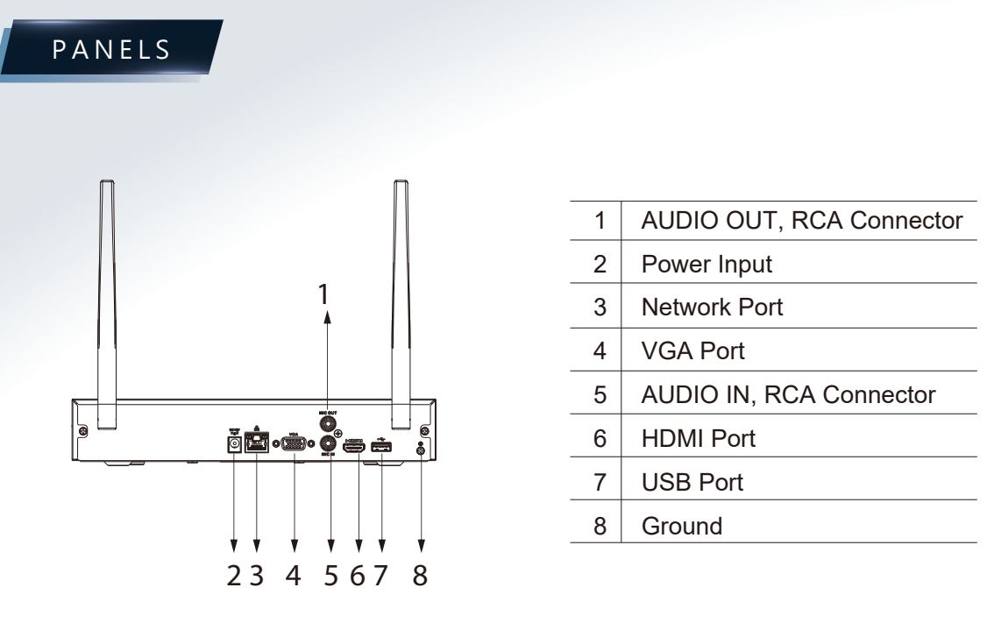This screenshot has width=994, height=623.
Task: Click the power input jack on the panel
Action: pos(234,445)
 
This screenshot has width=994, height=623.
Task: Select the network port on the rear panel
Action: pos(257,445)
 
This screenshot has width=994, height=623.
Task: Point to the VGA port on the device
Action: pos(295,445)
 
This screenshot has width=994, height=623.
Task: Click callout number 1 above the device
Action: pos(324,295)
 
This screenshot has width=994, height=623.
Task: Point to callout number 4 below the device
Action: pos(295,577)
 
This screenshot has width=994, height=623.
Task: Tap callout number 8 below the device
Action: pos(422,577)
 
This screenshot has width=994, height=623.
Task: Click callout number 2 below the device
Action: pos(233,577)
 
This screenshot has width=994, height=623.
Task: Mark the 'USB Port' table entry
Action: pos(692,481)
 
